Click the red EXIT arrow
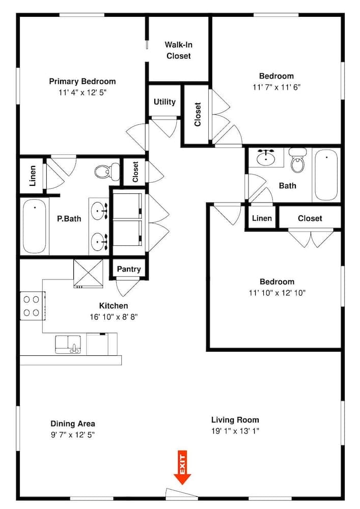click(182, 467)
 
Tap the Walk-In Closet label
click(178, 50)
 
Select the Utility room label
click(164, 102)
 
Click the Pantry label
click(129, 269)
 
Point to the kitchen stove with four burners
click(32, 306)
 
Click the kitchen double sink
click(68, 345)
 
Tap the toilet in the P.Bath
click(107, 172)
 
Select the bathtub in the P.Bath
click(35, 227)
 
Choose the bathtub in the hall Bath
click(326, 175)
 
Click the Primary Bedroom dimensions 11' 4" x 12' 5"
click(82, 93)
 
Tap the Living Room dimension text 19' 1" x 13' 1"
click(235, 431)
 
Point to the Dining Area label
click(73, 423)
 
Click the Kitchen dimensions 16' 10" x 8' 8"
click(114, 317)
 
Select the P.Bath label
click(69, 219)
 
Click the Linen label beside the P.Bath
click(33, 176)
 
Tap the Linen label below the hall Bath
click(262, 218)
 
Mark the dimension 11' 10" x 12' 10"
click(277, 293)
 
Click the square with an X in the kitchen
click(88, 274)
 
